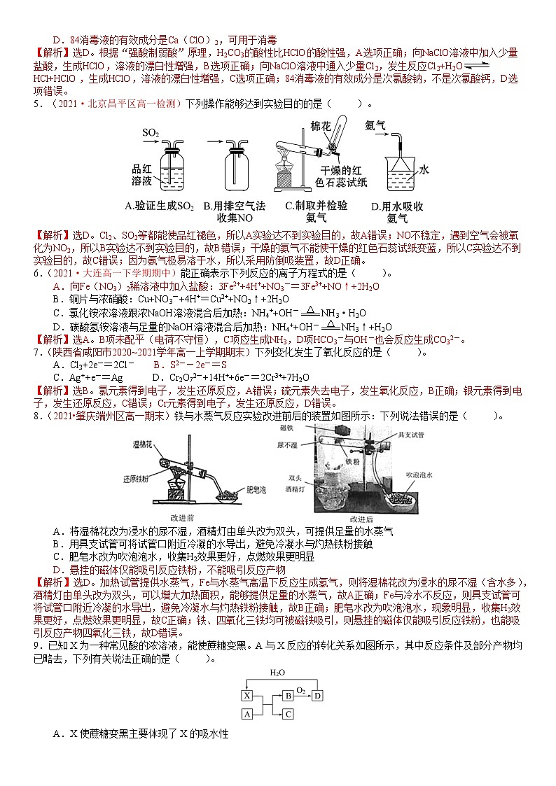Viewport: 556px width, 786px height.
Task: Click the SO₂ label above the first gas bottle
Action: tap(151, 132)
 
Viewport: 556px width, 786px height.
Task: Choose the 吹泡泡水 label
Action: tap(422, 474)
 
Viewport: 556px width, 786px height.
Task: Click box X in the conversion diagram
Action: tap(246, 695)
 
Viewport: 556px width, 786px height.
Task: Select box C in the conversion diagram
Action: tap(288, 714)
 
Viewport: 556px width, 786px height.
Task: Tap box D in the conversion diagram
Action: tap(317, 695)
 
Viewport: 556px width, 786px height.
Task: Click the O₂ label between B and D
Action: tap(301, 689)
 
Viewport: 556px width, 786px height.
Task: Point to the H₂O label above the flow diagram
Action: tap(279, 673)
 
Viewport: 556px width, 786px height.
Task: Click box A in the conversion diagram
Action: tap(246, 714)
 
